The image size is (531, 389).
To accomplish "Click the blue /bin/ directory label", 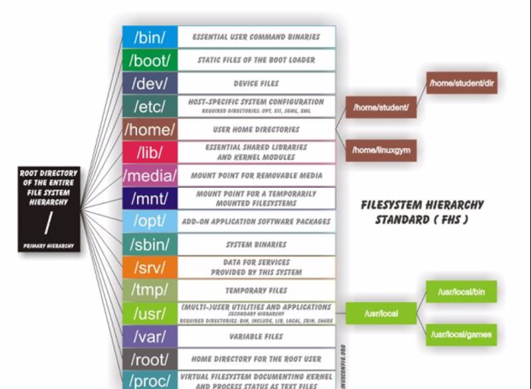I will coord(150,37).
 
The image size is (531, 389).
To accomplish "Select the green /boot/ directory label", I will coord(150,60).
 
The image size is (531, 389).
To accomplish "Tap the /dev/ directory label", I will coord(150,83).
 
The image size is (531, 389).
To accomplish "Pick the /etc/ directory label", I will coord(150,106).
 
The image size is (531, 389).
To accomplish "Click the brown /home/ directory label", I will coord(150,130).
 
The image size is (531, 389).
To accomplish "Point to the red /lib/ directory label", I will coord(150,153).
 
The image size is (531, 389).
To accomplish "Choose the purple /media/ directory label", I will coord(150,175).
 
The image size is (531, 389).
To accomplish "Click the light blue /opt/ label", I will coord(150,221).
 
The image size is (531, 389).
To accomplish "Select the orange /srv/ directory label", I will coord(150,267).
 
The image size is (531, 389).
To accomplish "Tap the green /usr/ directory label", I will coord(150,313).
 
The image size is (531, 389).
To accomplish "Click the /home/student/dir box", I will coord(462,83).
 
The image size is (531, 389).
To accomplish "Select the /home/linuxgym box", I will coord(381,150).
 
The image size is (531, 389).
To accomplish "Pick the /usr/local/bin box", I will coord(461,292).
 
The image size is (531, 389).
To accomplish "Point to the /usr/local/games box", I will coord(461,334).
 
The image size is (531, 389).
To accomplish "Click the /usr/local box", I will coord(381,314).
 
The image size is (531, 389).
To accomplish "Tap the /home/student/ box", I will coord(381,108).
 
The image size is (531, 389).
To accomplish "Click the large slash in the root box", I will coord(49,222).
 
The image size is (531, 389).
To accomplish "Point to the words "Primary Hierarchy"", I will coord(49,245).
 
